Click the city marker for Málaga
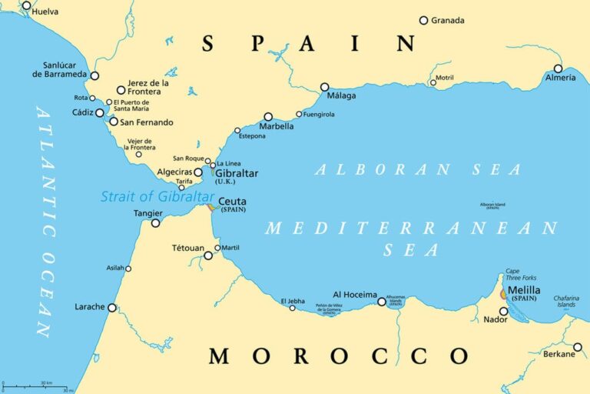[x=324, y=87]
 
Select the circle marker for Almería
[x=558, y=68]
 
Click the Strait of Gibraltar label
[x=157, y=197]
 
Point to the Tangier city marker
[x=155, y=223]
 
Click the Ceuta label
[x=232, y=202]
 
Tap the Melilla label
[x=524, y=290]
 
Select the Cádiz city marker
[x=99, y=112]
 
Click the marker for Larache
[x=112, y=307]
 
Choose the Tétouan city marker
[x=208, y=255]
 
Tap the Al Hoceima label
[x=354, y=295]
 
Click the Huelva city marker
[x=27, y=5]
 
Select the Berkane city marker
[x=578, y=346]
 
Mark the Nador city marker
[x=503, y=311]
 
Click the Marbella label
[x=277, y=126]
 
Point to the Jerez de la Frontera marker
[x=121, y=90]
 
